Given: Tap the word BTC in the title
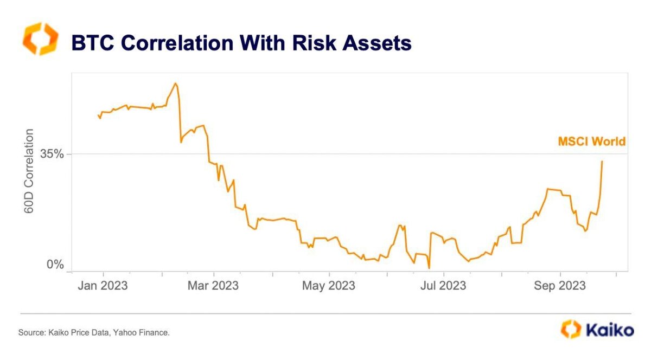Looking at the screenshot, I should pyautogui.click(x=91, y=43).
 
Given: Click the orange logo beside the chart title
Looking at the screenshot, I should pyautogui.click(x=39, y=39).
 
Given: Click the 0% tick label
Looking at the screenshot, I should pyautogui.click(x=55, y=265).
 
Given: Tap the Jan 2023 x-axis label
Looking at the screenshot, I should pyautogui.click(x=103, y=285).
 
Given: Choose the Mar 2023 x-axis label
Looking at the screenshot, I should pyautogui.click(x=214, y=285).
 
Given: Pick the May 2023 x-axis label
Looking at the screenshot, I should pyautogui.click(x=328, y=285).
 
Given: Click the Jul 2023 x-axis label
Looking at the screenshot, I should pyautogui.click(x=443, y=285).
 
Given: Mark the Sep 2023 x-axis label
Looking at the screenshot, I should pyautogui.click(x=559, y=285).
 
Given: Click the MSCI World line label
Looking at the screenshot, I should pyautogui.click(x=592, y=142).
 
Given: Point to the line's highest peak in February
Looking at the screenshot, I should pyautogui.click(x=175, y=83).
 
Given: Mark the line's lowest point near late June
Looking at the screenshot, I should pyautogui.click(x=429, y=268).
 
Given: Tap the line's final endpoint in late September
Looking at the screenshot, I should pyautogui.click(x=602, y=161).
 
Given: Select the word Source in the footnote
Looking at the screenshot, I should pyautogui.click(x=30, y=332).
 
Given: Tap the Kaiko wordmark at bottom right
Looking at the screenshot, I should pyautogui.click(x=608, y=330).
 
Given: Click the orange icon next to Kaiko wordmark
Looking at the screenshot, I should pyautogui.click(x=571, y=329).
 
